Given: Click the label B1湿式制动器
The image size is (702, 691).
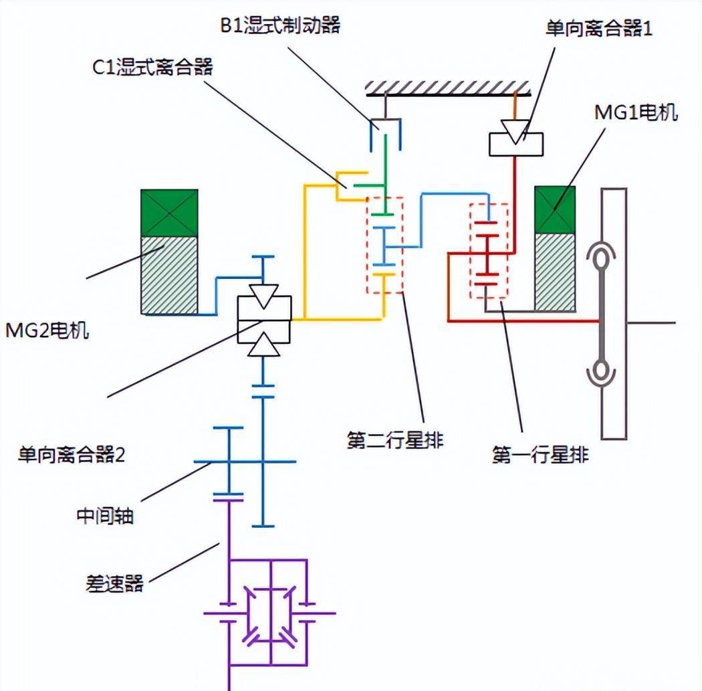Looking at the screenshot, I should [280, 25].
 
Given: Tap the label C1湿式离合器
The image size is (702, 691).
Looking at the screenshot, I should [152, 66].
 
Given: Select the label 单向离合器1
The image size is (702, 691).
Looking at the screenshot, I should [598, 30].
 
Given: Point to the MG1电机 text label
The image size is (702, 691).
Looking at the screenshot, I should [636, 112].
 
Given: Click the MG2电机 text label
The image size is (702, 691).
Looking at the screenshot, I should [47, 330].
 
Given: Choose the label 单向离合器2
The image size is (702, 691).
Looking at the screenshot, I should [71, 455].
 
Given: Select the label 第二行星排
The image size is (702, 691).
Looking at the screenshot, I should [394, 440].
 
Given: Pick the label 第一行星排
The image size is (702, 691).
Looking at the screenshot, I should [540, 455].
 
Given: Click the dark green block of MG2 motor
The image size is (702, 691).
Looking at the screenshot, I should [169, 213].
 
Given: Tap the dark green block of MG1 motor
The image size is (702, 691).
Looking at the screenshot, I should [555, 209].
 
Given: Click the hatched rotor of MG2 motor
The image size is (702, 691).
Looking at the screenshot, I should [169, 274].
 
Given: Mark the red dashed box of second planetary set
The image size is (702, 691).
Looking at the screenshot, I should [384, 245].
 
